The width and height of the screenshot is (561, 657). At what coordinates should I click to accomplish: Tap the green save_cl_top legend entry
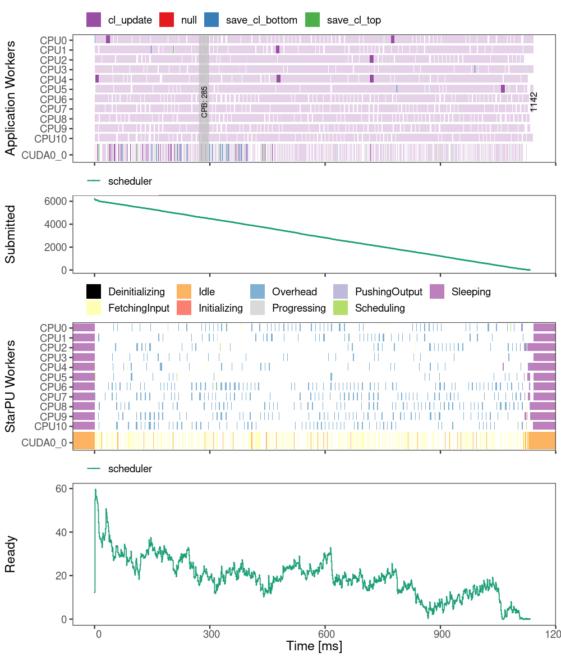(343, 20)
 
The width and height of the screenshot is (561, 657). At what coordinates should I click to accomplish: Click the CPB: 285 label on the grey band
(204, 102)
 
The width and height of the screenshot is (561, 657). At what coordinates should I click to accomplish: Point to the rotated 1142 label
(534, 102)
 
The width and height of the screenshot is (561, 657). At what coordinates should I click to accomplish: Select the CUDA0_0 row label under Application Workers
(47, 156)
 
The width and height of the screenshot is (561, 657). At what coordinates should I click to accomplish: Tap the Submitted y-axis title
(11, 235)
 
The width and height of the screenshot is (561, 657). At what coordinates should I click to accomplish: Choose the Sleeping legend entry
(460, 292)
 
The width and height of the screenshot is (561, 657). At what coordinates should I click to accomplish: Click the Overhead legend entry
(284, 292)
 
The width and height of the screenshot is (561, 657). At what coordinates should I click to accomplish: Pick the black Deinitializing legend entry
(126, 292)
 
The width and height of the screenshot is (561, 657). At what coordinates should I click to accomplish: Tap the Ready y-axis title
(11, 554)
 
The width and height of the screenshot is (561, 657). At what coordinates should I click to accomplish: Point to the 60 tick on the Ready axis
(61, 489)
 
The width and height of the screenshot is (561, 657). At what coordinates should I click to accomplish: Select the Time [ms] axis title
(314, 646)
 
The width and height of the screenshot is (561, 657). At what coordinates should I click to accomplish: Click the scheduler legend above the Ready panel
(120, 468)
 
